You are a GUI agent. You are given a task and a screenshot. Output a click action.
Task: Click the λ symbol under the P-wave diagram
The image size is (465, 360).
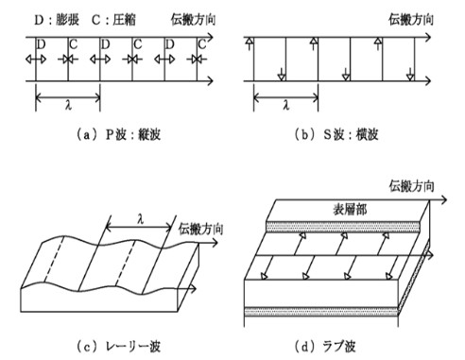click(x=67, y=106)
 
